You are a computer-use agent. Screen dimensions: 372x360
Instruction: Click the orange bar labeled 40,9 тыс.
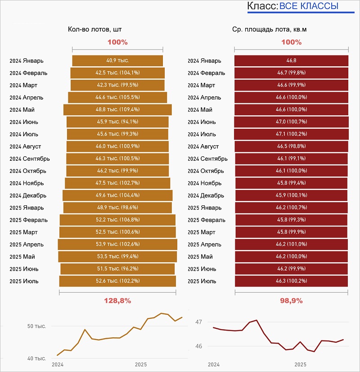click(x=117, y=61)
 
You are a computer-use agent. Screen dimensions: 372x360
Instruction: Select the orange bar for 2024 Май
click(x=117, y=109)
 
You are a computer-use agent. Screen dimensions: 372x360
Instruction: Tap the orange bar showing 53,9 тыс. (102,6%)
click(x=117, y=244)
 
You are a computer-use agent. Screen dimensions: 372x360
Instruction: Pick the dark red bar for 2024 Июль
click(x=291, y=134)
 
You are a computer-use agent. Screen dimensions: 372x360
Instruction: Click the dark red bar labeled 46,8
click(x=291, y=61)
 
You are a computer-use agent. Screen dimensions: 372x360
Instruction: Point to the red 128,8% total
click(x=117, y=300)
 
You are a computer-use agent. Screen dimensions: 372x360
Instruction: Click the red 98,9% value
click(x=291, y=300)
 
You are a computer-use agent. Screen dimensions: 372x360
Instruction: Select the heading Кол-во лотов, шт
click(x=95, y=29)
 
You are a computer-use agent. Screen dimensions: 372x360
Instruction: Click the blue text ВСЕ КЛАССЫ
click(x=309, y=6)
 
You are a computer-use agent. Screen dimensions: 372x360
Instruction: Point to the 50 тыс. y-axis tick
click(x=36, y=326)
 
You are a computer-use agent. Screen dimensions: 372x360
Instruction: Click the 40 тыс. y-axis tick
click(x=36, y=358)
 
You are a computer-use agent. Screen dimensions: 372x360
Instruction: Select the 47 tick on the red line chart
click(x=198, y=322)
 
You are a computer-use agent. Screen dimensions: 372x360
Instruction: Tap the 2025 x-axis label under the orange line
click(x=140, y=364)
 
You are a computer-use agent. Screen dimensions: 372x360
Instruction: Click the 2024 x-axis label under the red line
click(x=213, y=364)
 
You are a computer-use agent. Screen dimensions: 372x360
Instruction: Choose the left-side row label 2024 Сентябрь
click(x=30, y=159)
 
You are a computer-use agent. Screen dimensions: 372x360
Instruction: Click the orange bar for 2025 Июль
click(x=117, y=281)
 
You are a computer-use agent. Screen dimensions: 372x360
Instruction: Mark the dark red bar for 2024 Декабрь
click(x=291, y=195)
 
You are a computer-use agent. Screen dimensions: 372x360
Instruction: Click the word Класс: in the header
click(x=262, y=6)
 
